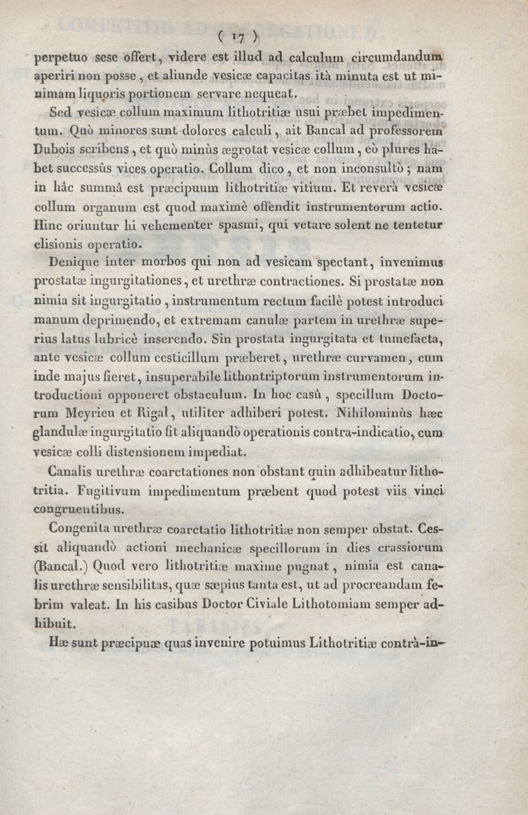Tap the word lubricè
tap(140, 341)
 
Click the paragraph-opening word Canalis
tap(75, 474)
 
